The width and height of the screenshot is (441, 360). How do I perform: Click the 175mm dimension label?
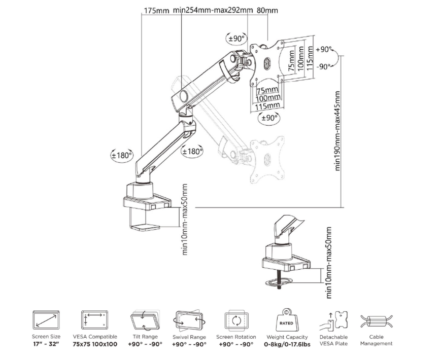[157, 11]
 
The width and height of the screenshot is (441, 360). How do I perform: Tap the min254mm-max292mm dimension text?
[213, 11]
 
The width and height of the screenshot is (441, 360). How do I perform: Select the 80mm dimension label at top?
[267, 11]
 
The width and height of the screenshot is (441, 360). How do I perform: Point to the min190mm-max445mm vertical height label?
[337, 131]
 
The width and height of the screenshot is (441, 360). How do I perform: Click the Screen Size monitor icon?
[46, 320]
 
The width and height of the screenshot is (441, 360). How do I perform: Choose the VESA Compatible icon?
[94, 320]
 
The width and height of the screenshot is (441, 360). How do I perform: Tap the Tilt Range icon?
[145, 320]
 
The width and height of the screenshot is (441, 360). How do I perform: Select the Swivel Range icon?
[189, 320]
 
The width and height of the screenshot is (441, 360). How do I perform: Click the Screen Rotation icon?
[236, 320]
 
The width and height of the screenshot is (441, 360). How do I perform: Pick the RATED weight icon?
[287, 320]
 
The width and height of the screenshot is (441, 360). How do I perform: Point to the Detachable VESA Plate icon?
[334, 320]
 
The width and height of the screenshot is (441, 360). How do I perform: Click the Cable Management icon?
[377, 321]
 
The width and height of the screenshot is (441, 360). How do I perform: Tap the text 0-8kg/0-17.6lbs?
[287, 344]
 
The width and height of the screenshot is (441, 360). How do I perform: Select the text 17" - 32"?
[46, 344]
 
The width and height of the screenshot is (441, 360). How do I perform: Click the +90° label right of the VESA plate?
[324, 50]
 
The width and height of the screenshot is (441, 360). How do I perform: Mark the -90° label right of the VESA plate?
[323, 67]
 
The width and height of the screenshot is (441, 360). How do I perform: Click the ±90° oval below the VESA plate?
[269, 118]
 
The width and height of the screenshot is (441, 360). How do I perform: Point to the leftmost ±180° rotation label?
[121, 155]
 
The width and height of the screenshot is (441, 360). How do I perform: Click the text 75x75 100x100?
[95, 344]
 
